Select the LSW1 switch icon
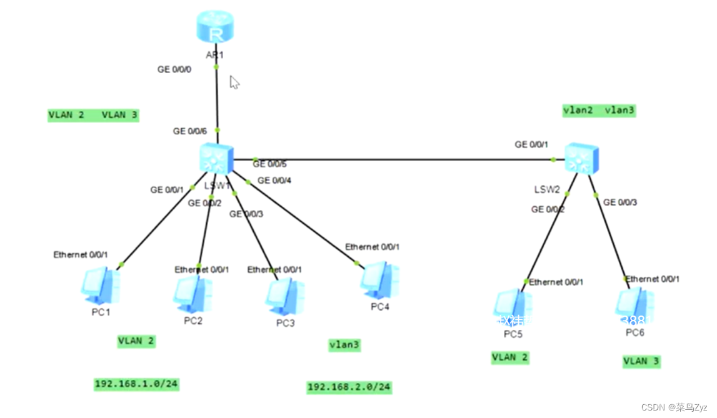coord(216,158)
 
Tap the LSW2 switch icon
coord(581,158)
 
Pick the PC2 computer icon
coord(193,294)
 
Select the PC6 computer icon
coord(634,306)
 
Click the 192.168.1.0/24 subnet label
coord(137,384)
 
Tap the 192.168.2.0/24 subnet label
coord(349,387)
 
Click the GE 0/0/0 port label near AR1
coord(174,69)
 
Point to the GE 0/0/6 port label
coord(190,131)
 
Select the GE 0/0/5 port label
coord(269,164)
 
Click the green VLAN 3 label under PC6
coord(641,361)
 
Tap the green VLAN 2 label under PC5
coord(510,357)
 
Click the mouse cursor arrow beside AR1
coord(234,82)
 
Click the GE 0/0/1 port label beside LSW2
coord(531,144)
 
